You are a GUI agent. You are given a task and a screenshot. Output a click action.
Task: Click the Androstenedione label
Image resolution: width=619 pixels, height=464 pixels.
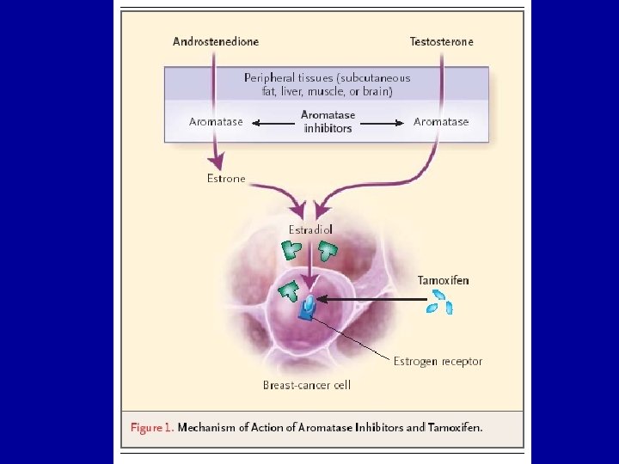click(216, 41)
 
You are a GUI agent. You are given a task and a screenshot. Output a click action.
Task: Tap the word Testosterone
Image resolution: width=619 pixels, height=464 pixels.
click(441, 41)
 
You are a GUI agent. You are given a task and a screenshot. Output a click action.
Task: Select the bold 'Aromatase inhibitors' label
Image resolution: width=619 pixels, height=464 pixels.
click(328, 121)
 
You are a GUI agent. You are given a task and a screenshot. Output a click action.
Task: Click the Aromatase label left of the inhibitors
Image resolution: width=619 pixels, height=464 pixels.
click(216, 122)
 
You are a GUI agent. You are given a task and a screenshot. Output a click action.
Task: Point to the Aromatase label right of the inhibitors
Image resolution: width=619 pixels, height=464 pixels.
click(441, 122)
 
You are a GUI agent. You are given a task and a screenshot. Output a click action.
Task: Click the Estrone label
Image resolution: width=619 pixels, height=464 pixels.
click(226, 179)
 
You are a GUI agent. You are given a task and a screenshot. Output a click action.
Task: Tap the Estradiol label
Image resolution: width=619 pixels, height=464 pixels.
click(310, 229)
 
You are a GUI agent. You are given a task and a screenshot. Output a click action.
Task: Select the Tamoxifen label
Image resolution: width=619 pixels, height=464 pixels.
click(444, 280)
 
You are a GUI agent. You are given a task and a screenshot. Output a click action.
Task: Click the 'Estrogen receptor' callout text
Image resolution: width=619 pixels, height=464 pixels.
click(438, 361)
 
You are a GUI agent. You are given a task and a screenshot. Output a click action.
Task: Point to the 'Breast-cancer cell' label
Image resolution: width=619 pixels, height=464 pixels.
click(307, 385)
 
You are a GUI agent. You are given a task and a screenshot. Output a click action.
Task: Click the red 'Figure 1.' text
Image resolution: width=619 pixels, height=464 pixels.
click(151, 427)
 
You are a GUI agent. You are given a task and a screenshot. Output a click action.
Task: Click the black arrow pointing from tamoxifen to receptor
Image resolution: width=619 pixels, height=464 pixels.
click(370, 300)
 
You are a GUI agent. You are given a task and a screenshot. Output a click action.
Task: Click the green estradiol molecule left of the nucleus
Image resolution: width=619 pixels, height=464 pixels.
click(288, 290)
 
